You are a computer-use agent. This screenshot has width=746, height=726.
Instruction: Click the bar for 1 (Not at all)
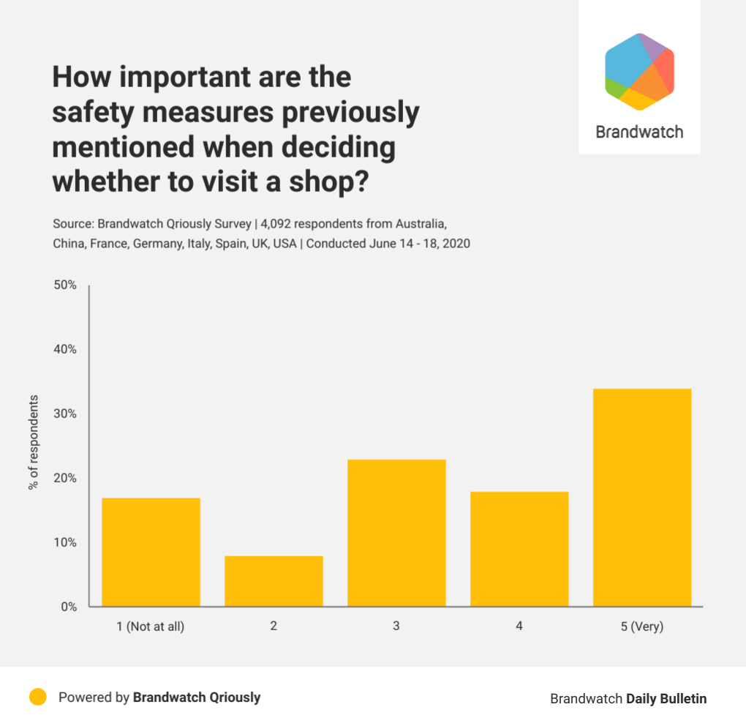(x=151, y=553)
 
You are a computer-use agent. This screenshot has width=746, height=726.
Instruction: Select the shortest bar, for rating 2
(x=274, y=581)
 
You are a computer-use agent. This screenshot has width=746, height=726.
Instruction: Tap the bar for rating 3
(x=396, y=533)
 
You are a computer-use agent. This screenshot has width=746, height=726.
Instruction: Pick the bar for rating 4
(x=519, y=549)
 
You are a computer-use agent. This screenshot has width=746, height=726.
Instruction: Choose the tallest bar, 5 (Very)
(x=642, y=498)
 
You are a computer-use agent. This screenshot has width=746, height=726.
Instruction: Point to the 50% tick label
(x=65, y=285)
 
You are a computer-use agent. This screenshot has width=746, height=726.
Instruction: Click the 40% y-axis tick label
(x=65, y=349)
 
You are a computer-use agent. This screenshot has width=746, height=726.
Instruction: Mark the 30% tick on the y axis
(x=65, y=413)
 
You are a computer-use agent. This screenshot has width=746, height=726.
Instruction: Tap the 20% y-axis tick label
(x=65, y=478)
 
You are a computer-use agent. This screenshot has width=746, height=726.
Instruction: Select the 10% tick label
(x=65, y=542)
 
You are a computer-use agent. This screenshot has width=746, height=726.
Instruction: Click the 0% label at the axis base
(x=68, y=607)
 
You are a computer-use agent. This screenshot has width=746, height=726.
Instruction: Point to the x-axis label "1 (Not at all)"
(x=151, y=627)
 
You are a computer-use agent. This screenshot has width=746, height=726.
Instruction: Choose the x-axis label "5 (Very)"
(x=642, y=627)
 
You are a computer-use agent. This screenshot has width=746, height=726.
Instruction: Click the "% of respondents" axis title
(x=34, y=443)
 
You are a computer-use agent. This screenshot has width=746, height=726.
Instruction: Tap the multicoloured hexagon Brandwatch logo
(x=639, y=72)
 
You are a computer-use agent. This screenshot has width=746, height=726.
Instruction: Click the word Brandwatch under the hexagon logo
(x=639, y=132)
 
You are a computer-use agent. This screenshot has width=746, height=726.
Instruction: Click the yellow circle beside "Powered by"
(x=38, y=697)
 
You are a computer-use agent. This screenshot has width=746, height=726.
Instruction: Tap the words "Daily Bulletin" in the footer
(x=666, y=699)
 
